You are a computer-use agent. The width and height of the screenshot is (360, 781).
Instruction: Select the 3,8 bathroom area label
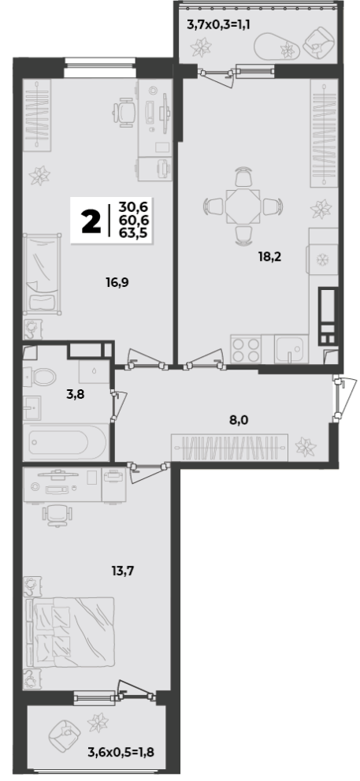coord(76,396)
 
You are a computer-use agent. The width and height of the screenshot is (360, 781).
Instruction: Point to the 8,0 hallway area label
coord(239,420)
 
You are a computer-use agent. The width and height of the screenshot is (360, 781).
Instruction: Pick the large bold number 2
coord(90,221)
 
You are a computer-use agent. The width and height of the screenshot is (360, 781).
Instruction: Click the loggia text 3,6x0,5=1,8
coord(121,752)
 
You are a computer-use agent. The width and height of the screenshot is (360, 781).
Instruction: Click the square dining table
coord(243,205)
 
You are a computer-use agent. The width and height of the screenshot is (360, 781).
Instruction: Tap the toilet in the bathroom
coord(40,376)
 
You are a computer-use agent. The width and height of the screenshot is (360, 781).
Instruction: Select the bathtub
coord(66,442)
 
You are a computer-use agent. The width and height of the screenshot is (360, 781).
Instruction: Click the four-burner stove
coord(246,349)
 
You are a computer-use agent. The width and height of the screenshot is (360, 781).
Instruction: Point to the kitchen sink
coord(291,349)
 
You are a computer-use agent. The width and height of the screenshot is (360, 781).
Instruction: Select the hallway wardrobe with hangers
coord(229,448)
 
